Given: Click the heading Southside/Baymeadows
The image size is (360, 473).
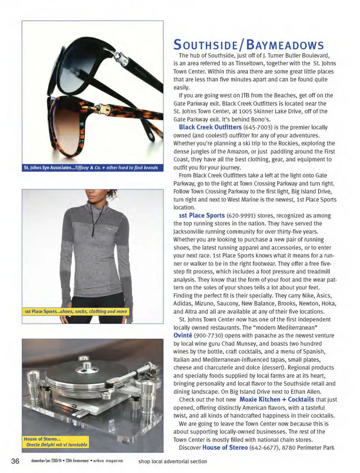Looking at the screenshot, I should [248, 45].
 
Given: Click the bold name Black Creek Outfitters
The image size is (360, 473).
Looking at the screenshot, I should [210, 127].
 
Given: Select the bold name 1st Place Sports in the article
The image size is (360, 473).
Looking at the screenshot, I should [202, 216].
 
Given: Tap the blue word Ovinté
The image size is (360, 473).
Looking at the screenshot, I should [183, 335].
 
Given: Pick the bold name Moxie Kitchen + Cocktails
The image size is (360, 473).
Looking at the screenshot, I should [277, 400].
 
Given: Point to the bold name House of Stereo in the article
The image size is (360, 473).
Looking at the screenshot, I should [225, 448].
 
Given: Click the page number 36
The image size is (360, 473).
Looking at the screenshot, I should [15, 461].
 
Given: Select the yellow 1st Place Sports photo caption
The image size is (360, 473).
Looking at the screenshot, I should [75, 311].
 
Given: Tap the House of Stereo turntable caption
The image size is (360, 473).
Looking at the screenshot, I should [55, 442].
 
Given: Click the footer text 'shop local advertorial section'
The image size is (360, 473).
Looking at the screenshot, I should [172, 461].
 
